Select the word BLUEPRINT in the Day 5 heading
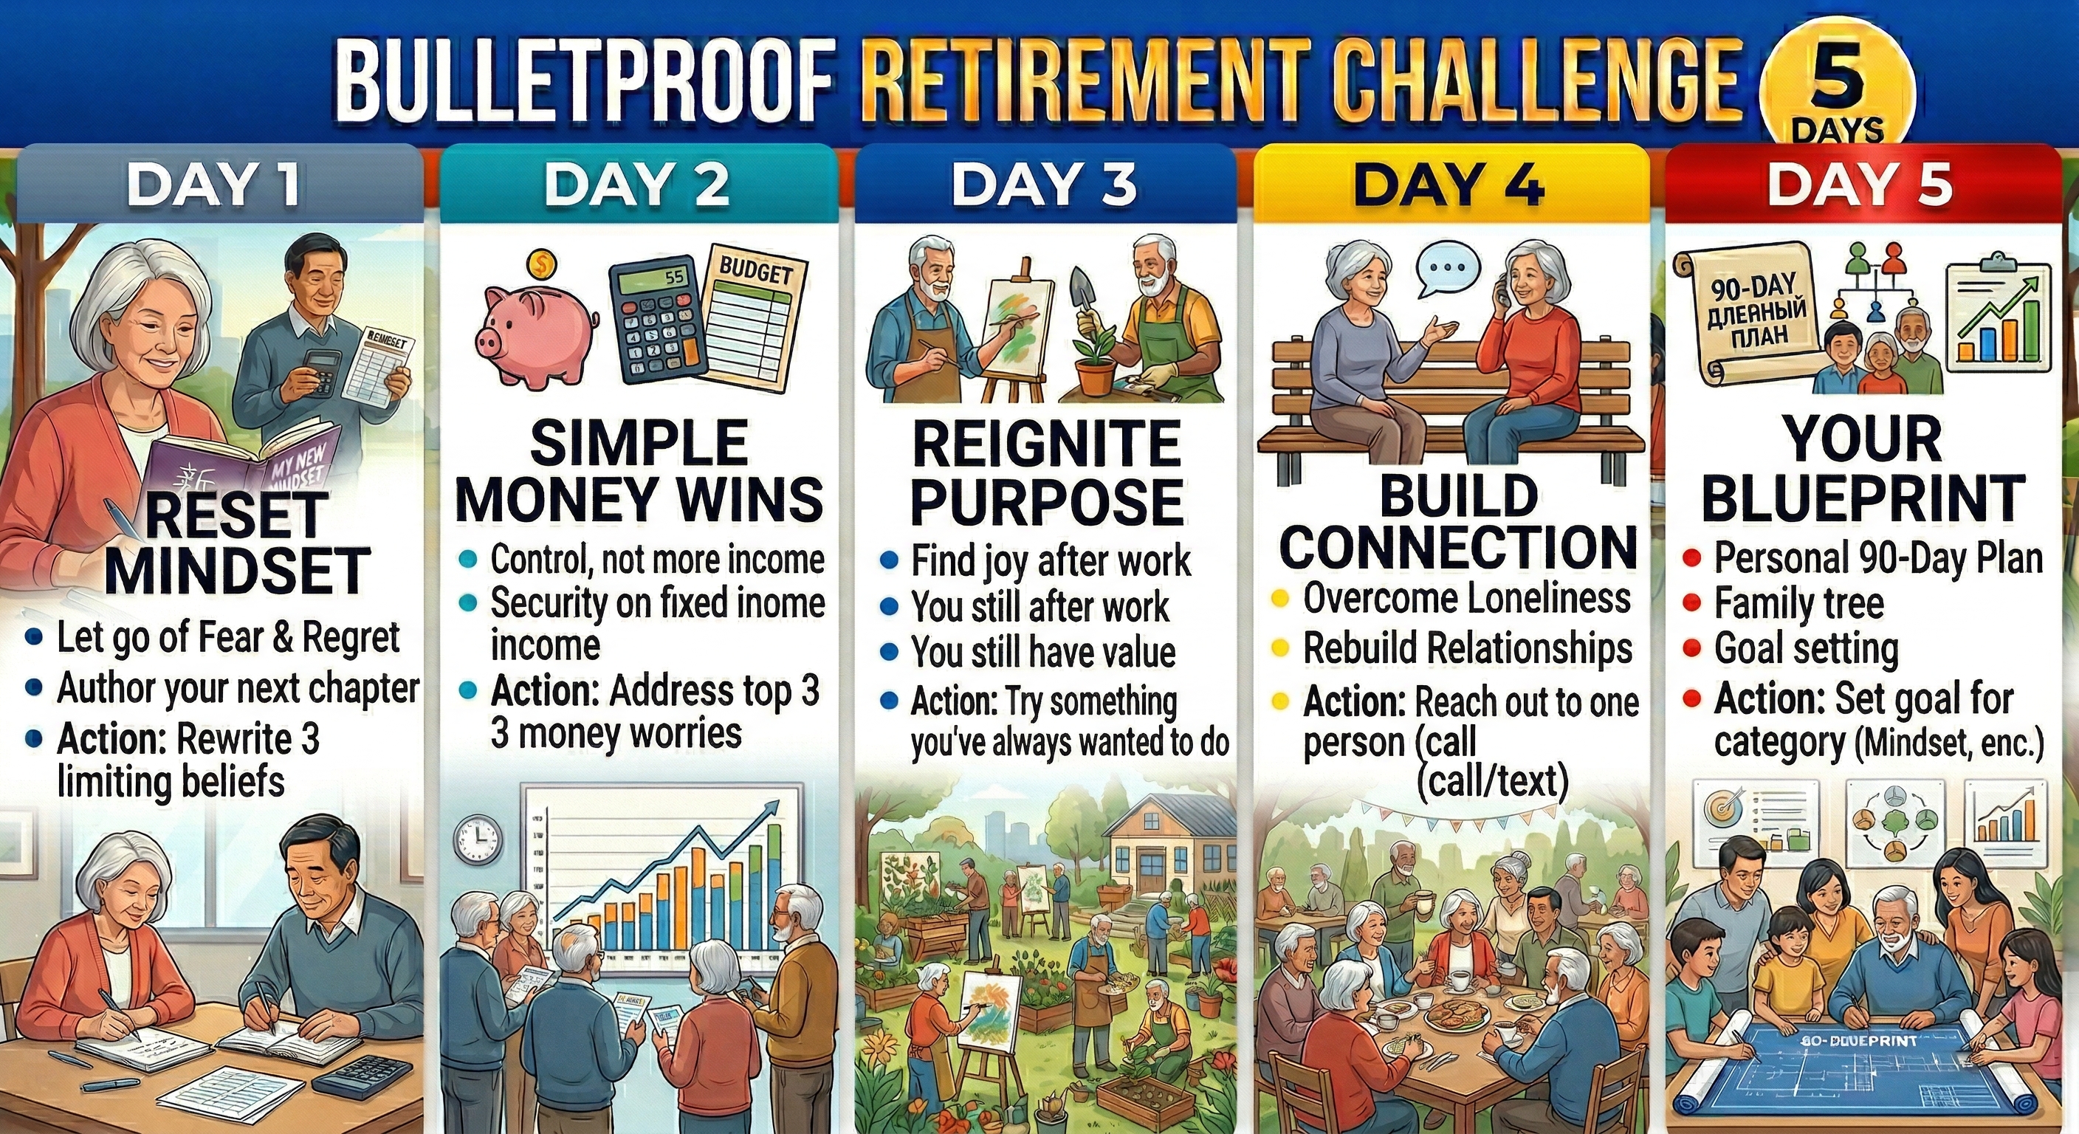click(1863, 498)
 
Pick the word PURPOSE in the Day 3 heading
click(1047, 501)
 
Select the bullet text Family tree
click(1799, 603)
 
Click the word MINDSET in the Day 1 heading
click(237, 570)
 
